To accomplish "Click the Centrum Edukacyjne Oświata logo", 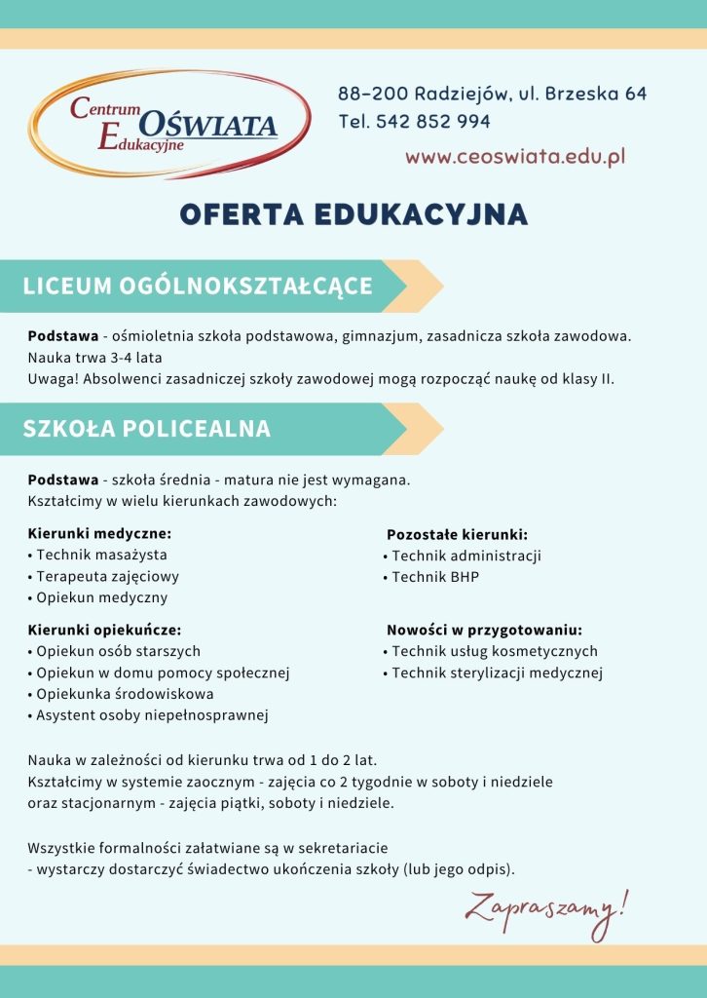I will coord(168,124).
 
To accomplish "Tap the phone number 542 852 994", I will coord(433,122).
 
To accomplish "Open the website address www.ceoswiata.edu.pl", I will coord(515,156).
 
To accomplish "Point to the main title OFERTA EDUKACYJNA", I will coord(353,214).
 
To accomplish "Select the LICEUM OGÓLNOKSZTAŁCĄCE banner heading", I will coord(198,286).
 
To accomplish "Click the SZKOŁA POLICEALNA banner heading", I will coord(147,429).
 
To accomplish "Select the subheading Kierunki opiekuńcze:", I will coord(104,630).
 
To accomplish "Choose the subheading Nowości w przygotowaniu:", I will coord(484,630).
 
